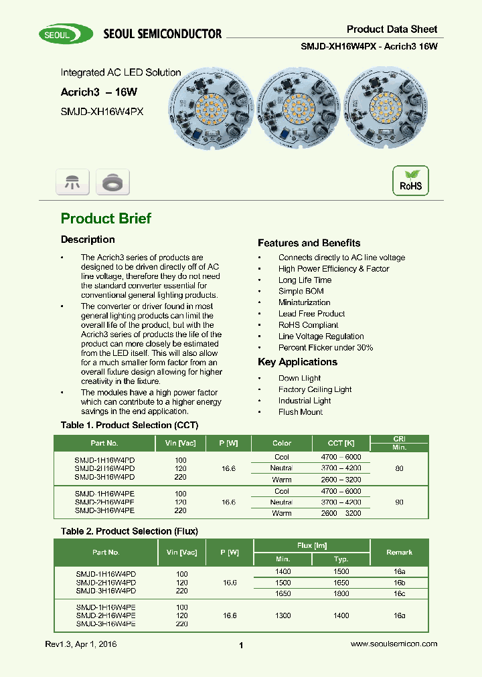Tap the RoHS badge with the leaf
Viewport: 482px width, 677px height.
click(x=410, y=181)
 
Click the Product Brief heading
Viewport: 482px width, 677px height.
click(x=106, y=219)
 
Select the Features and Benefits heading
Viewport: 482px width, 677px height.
click(x=309, y=243)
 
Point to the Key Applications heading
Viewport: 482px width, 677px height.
click(x=297, y=362)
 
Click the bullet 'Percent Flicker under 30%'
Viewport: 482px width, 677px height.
click(x=325, y=348)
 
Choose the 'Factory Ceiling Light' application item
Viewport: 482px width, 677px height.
click(x=315, y=389)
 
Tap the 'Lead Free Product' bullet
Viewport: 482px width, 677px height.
click(x=311, y=314)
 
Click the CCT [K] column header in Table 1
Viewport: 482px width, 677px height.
click(x=341, y=443)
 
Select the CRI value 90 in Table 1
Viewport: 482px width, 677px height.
click(x=399, y=502)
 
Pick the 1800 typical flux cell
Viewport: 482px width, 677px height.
click(x=341, y=593)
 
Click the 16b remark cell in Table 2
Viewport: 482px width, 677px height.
click(x=399, y=583)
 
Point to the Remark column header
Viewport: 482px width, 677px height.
click(x=399, y=553)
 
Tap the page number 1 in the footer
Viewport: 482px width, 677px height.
click(x=241, y=645)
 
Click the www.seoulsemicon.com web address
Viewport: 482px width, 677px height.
click(x=394, y=644)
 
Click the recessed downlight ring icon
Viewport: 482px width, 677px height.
click(x=112, y=182)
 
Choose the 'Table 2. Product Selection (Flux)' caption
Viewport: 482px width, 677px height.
click(x=129, y=531)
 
